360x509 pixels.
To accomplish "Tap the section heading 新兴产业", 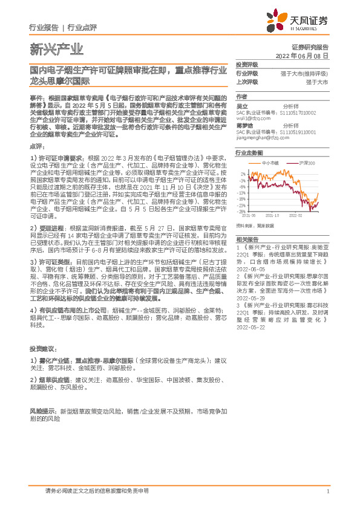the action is point(56,49).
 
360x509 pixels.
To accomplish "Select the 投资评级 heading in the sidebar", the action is point(247,64).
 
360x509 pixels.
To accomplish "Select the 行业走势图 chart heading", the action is point(249,153).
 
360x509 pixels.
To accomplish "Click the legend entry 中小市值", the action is point(270,163).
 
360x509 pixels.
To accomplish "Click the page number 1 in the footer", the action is point(327,491).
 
